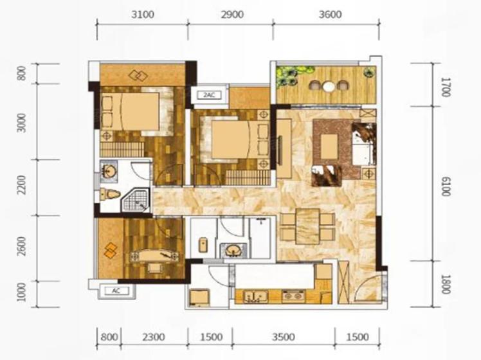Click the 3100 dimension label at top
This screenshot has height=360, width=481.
(143, 14)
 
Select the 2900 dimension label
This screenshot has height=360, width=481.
(232, 14)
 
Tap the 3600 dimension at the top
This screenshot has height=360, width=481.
(330, 14)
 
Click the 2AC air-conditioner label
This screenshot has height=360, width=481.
(210, 95)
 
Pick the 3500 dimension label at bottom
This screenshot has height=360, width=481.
(284, 337)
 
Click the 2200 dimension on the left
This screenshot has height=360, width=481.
(21, 185)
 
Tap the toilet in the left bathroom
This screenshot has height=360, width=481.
(110, 194)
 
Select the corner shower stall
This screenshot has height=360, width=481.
(136, 201)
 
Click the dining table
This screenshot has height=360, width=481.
(307, 226)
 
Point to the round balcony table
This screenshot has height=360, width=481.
(329, 86)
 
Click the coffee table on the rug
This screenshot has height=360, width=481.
(329, 147)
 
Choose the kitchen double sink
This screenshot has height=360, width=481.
(255, 297)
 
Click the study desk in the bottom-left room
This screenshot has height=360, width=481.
(152, 256)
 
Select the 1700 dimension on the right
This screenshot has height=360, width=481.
(446, 87)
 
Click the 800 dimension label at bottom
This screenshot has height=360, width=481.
(109, 337)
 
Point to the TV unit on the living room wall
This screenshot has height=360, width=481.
(284, 148)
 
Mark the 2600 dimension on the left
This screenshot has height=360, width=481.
(21, 246)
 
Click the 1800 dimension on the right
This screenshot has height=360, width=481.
(446, 284)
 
